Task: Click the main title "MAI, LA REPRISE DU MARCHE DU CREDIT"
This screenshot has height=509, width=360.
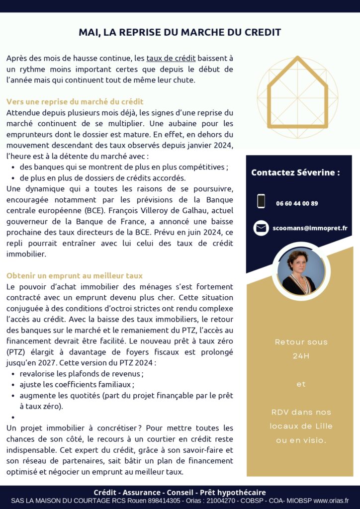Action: click(180, 32)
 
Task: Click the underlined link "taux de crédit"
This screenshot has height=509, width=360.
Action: click(171, 58)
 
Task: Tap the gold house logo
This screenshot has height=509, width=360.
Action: click(297, 98)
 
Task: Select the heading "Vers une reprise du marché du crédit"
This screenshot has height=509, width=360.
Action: click(75, 102)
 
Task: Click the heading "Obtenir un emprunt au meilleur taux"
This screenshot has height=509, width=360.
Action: click(75, 275)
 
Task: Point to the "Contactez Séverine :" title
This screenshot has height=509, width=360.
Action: click(295, 172)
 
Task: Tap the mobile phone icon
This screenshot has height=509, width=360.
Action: click(261, 201)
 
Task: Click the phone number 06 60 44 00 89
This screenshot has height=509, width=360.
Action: click(297, 203)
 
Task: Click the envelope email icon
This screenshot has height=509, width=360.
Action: click(261, 228)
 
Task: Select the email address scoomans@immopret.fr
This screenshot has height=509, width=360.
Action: click(310, 228)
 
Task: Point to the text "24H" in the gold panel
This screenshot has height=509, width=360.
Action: click(301, 356)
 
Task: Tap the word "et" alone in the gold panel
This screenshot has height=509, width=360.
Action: click(301, 384)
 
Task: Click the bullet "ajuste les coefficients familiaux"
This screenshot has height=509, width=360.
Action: click(77, 384)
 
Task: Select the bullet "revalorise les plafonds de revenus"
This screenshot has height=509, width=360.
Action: click(82, 373)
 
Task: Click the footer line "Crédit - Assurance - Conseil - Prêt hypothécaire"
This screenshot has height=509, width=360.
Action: click(180, 492)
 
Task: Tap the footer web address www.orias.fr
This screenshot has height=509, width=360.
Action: click(331, 501)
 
